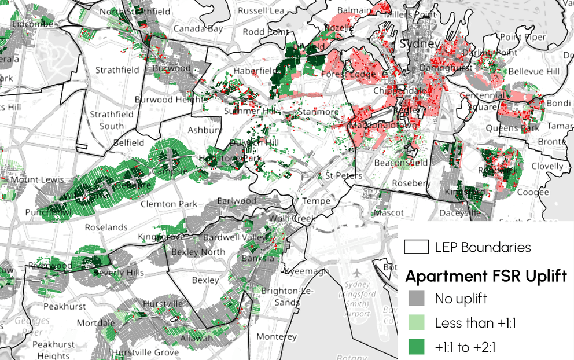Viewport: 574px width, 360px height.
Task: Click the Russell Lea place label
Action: tap(261, 10)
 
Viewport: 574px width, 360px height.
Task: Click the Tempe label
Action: tap(317, 201)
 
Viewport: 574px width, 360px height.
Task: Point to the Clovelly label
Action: tap(547, 166)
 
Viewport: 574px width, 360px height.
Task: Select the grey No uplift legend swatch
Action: tap(416, 299)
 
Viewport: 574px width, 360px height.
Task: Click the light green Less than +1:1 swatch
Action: tap(416, 322)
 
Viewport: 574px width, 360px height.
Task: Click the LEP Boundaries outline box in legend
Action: tap(416, 248)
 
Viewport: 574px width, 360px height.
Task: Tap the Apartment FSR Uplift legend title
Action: tap(486, 275)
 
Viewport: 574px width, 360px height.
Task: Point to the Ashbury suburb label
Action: tap(205, 130)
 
